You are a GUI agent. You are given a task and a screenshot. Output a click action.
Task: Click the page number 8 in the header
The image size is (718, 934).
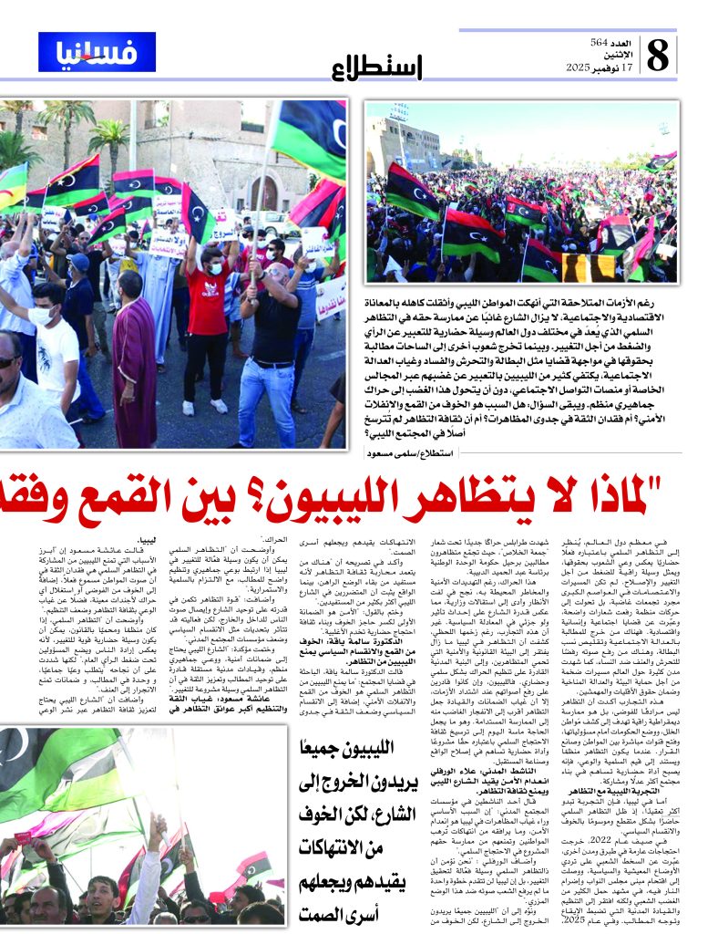(660, 57)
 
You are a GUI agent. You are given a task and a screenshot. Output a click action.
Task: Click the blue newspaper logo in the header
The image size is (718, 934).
(85, 52)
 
